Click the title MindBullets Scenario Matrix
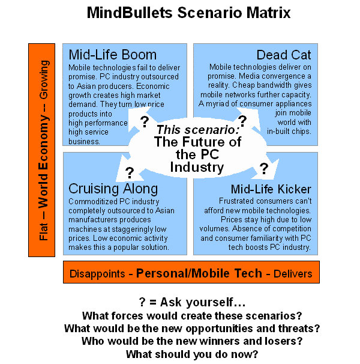click(x=188, y=13)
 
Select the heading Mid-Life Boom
click(x=113, y=55)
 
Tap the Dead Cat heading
click(x=284, y=55)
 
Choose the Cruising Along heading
click(x=113, y=189)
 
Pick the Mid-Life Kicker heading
click(x=271, y=189)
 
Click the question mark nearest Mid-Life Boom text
click(x=145, y=122)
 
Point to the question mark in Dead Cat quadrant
click(x=242, y=121)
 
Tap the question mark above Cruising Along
click(x=130, y=173)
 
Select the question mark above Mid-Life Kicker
click(x=264, y=169)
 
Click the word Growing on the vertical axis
click(x=44, y=80)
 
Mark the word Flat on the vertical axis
click(x=43, y=231)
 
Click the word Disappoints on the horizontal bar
click(x=97, y=274)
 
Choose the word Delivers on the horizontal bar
click(x=293, y=274)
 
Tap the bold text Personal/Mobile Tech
click(x=199, y=273)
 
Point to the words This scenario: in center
click(x=197, y=130)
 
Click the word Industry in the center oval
click(x=197, y=167)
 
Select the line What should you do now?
click(x=192, y=354)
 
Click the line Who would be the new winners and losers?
click(x=192, y=341)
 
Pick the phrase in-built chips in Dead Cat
click(x=289, y=132)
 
